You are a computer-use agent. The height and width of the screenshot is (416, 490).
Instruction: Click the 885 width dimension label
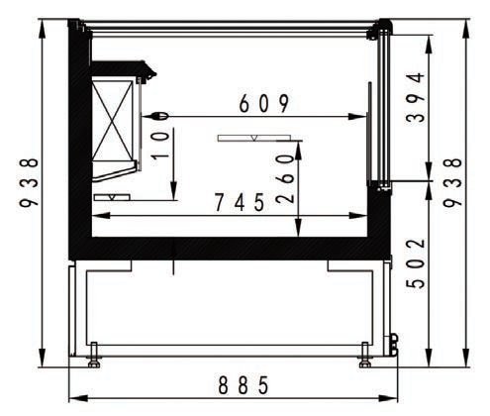pyautogui.click(x=244, y=385)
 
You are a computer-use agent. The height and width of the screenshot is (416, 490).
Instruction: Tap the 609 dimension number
pyautogui.click(x=264, y=103)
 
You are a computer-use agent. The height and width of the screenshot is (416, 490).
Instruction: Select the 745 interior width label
pyautogui.click(x=240, y=202)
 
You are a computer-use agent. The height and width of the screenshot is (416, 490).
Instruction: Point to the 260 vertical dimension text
pyautogui.click(x=285, y=178)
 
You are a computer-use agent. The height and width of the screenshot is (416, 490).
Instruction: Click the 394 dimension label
pyautogui.click(x=416, y=97)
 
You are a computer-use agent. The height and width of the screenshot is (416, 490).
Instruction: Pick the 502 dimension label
pyautogui.click(x=416, y=263)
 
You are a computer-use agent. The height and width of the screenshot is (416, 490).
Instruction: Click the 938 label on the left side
pyautogui.click(x=29, y=182)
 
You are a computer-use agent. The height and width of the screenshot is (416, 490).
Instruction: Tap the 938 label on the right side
pyautogui.click(x=452, y=182)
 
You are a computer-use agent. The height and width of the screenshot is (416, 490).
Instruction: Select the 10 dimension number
pyautogui.click(x=160, y=146)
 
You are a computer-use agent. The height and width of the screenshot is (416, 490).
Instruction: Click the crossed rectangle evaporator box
pyautogui.click(x=113, y=120)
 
